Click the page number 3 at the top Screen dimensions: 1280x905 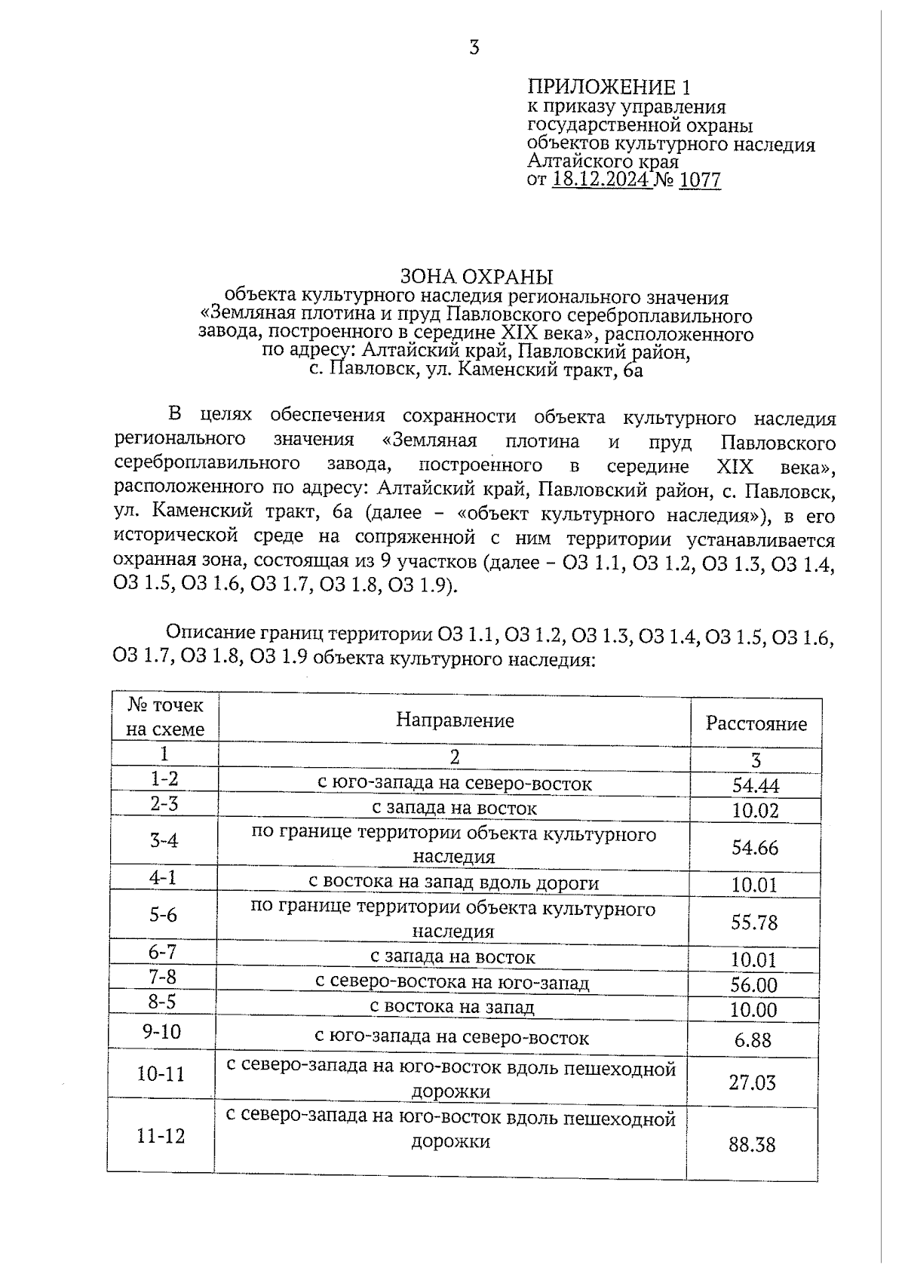click(x=474, y=48)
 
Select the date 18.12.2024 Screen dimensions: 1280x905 click(x=602, y=180)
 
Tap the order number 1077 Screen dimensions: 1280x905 click(x=699, y=180)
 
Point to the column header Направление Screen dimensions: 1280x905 click(x=455, y=720)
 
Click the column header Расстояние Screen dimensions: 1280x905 click(x=756, y=723)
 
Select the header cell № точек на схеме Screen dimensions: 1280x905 click(x=164, y=717)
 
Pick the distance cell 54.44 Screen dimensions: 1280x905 click(x=755, y=786)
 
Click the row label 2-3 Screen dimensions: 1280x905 click(x=164, y=804)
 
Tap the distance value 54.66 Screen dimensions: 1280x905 click(x=755, y=848)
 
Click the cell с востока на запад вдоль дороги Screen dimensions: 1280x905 click(x=454, y=883)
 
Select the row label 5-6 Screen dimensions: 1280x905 click(x=163, y=915)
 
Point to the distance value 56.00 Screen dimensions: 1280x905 click(x=753, y=985)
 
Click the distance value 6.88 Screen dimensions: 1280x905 click(x=753, y=1040)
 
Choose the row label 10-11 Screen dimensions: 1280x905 click(x=161, y=1073)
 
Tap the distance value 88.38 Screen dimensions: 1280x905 click(x=752, y=1145)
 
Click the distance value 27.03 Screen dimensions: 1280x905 click(x=752, y=1083)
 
